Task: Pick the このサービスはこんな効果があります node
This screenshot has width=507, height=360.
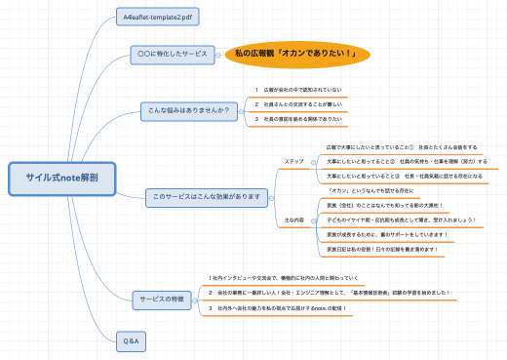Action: coord(206,197)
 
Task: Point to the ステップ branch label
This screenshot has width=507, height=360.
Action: coord(294,160)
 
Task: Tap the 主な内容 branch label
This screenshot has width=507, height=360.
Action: coord(294,220)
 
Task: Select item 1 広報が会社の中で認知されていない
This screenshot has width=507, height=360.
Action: coord(297,89)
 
